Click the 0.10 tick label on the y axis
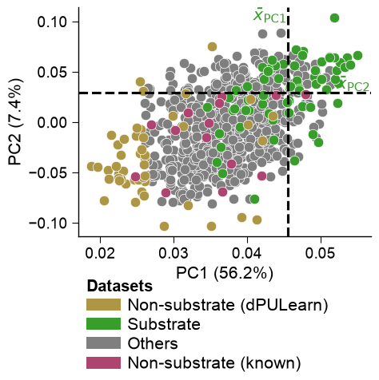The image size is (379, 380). pos(52,22)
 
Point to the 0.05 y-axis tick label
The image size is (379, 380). pos(52,72)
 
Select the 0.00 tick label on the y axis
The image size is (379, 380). pos(52,122)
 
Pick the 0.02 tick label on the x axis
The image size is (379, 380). pos(100,253)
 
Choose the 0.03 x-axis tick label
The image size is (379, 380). pos(174,253)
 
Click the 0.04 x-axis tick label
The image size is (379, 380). pos(247,253)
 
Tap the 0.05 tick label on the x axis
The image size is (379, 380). pos(321,253)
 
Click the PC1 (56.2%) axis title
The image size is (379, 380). pos(225,273)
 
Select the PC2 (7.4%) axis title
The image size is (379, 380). pos(15,122)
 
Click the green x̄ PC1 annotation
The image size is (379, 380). pos(269,16)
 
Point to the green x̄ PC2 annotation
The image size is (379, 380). pos(353,83)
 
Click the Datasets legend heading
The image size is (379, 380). pos(120,286)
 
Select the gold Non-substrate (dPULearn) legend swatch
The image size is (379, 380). pos(103,304)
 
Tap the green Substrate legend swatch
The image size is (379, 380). pos(103,324)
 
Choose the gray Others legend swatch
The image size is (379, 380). pos(103,343)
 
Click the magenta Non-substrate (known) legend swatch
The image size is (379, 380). pos(103,362)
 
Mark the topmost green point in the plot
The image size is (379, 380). pos(334,18)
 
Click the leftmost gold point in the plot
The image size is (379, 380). pos(91,167)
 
